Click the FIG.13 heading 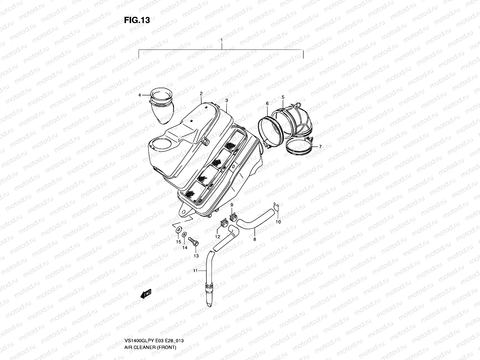pos(136,20)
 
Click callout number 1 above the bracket pos(221,40)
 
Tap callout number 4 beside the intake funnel pos(139,95)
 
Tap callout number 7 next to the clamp pos(320,147)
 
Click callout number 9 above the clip pos(232,205)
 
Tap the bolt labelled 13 pos(192,241)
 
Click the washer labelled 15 pos(178,230)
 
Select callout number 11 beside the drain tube pos(195,271)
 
